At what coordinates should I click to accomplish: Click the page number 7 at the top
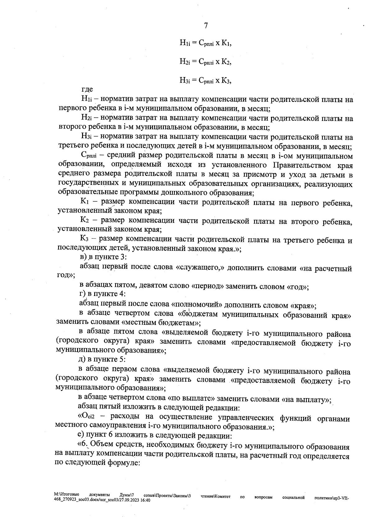pyautogui.click(x=205, y=25)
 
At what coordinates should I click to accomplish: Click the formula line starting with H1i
pyautogui.click(x=206, y=43)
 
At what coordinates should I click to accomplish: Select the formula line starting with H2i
pyautogui.click(x=206, y=62)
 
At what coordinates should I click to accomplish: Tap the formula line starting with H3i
pyautogui.click(x=206, y=80)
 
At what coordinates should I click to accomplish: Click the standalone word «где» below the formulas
pyautogui.click(x=87, y=90)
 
